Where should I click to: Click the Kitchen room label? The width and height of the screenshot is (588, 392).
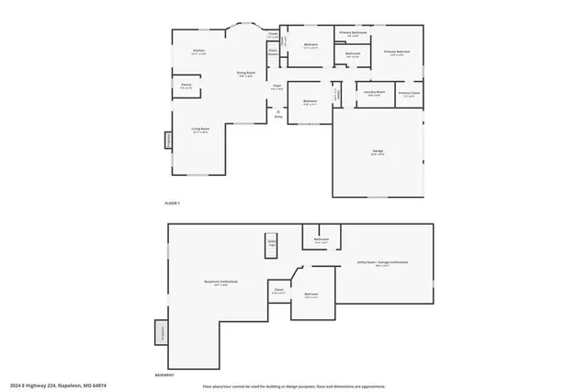coord(198,52)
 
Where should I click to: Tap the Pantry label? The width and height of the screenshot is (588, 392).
coord(187,86)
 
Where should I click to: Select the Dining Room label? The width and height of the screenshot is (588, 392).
coord(245,73)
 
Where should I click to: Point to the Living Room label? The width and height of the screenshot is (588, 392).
coord(199,130)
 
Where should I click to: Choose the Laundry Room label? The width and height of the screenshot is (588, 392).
coord(373,93)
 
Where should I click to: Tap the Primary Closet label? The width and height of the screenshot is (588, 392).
coord(409,93)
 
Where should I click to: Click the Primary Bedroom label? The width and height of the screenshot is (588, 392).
coord(398,52)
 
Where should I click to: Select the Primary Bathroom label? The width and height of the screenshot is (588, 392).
coord(353,33)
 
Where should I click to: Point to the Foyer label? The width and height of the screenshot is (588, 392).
coord(277,86)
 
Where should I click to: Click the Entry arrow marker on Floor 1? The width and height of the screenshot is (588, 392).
coord(277,113)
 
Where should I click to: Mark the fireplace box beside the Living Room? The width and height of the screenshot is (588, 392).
coord(168,140)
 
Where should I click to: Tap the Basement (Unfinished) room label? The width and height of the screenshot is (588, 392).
coord(220,282)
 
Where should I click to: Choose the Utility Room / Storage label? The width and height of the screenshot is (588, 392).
coord(382,264)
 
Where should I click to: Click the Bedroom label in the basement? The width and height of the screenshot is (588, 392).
coord(311,296)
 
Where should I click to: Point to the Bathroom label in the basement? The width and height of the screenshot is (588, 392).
coord(322,241)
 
